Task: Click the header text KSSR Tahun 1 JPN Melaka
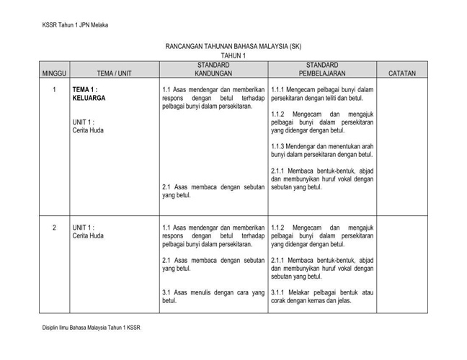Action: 75,26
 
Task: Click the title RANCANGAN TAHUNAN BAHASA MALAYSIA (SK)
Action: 233,47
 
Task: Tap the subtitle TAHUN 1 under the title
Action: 233,55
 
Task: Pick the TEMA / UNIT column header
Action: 114,73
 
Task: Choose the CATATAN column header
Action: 401,73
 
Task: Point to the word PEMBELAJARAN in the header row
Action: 322,73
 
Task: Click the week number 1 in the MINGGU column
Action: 54,90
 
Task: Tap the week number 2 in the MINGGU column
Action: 54,228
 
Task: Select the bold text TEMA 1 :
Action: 85,90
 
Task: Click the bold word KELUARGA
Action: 89,98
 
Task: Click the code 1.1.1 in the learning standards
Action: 278,90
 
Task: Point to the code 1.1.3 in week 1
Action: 278,146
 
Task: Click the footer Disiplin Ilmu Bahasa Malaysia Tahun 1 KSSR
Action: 91,329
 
